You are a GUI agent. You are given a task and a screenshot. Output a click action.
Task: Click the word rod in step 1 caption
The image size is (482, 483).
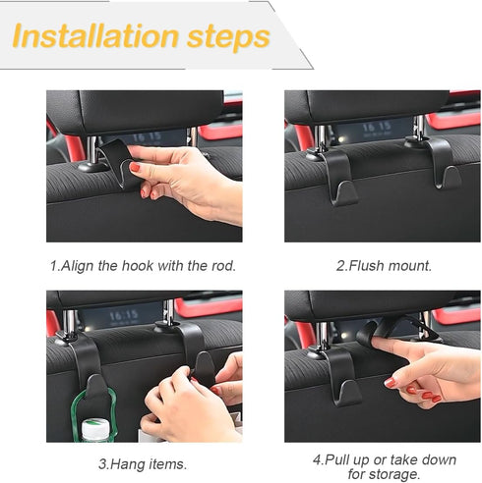[x=225, y=265]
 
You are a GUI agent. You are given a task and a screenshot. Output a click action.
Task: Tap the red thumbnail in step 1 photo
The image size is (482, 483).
[x=135, y=169]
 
